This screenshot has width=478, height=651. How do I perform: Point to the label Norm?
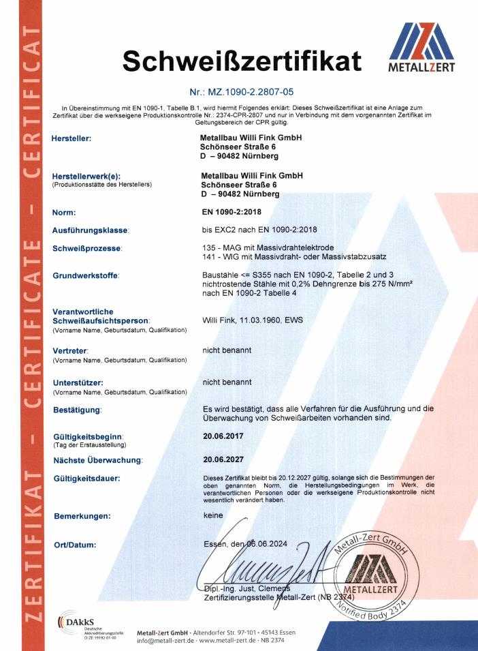coord(66,213)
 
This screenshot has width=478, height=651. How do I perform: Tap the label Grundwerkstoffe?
coord(86,276)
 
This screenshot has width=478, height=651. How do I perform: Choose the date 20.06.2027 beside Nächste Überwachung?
coord(223,459)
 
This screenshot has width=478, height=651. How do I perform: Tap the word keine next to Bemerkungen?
coord(214,515)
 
